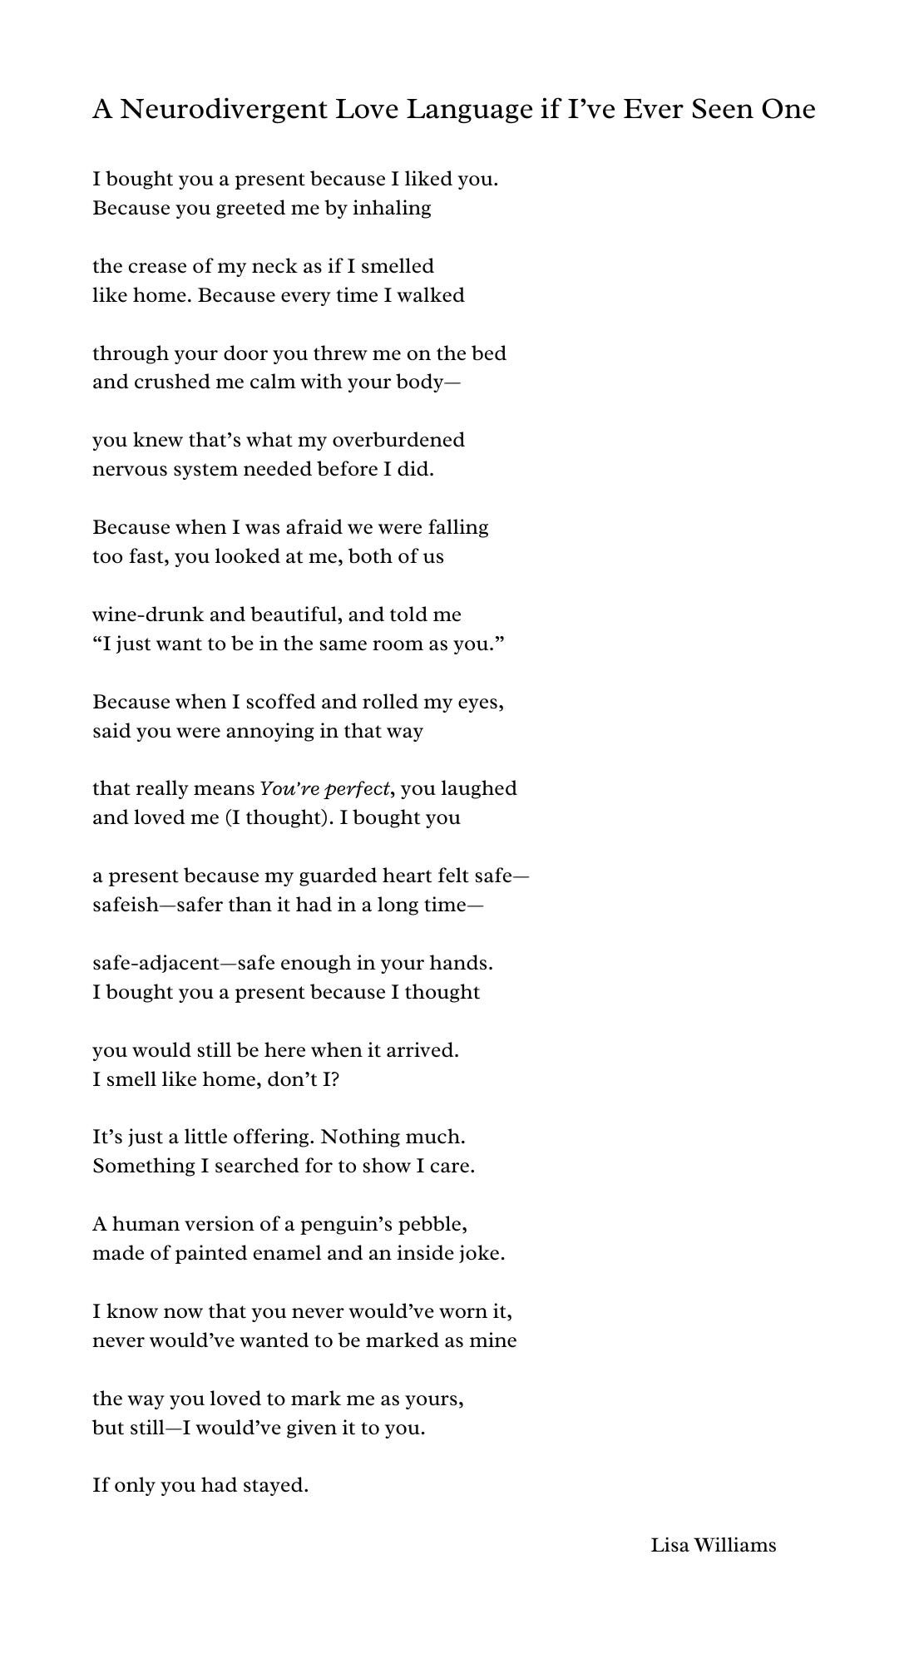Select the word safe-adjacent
point(156,964)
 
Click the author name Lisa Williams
point(713,1546)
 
